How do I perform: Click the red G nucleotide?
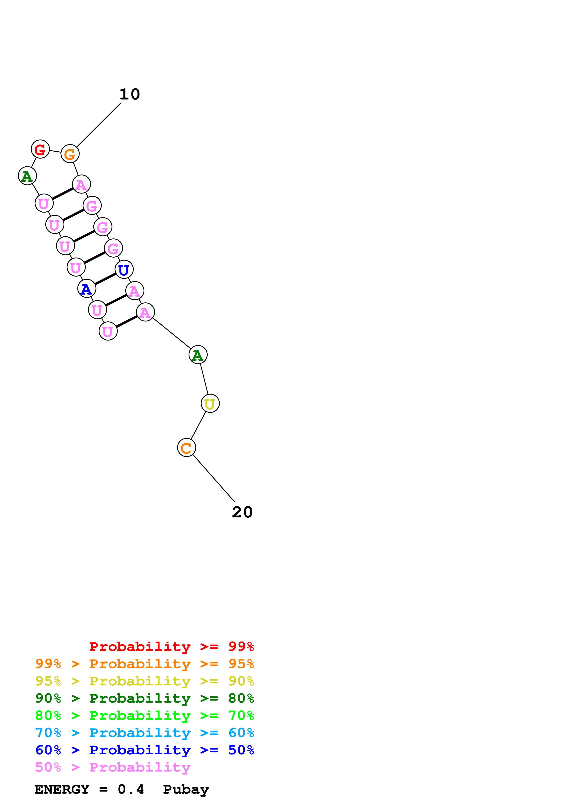(x=40, y=149)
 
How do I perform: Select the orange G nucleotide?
(x=70, y=154)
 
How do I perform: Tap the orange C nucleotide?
(x=186, y=448)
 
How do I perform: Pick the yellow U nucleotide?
(x=210, y=404)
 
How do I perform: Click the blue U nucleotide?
(x=124, y=270)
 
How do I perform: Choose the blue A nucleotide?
(x=86, y=289)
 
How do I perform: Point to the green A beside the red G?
(x=27, y=176)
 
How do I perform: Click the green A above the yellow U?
(x=198, y=355)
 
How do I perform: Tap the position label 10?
(x=130, y=94)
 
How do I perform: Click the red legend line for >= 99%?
(x=171, y=647)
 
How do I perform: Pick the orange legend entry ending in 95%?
(x=144, y=664)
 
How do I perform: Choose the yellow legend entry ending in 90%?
(x=144, y=681)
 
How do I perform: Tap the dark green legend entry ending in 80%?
(x=144, y=698)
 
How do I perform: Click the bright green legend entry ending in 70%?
(x=144, y=715)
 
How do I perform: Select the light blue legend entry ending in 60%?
(x=144, y=733)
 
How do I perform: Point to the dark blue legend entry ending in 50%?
(x=144, y=750)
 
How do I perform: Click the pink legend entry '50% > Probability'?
(x=113, y=767)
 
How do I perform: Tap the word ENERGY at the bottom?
(x=62, y=789)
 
